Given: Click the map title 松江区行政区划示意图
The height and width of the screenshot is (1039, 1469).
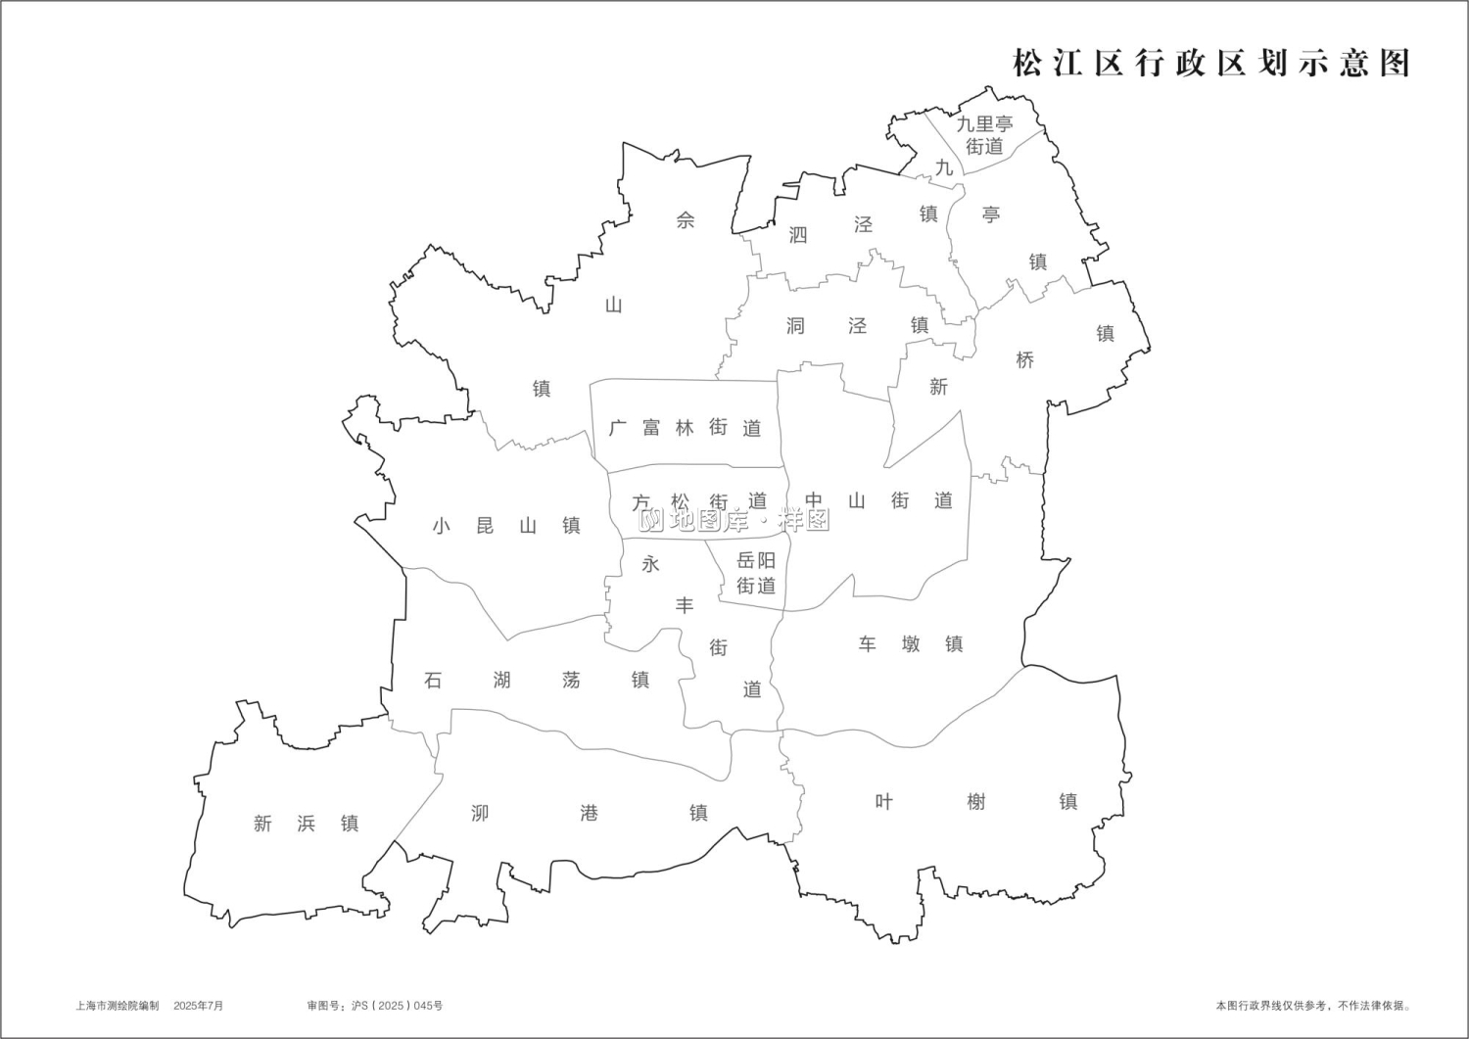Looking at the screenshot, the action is (x=1210, y=63).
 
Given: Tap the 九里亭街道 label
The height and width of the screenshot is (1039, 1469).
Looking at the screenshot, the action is (x=984, y=135).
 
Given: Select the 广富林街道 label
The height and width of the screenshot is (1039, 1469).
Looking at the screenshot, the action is (x=685, y=428).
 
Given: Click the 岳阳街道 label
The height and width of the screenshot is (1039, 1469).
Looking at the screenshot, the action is (x=756, y=573).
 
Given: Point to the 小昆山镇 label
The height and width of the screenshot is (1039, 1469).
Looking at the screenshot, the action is (x=506, y=526).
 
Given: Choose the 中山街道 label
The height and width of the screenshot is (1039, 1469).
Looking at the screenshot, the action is (x=878, y=501).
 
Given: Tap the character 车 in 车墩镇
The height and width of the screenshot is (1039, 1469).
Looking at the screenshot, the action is (x=868, y=644).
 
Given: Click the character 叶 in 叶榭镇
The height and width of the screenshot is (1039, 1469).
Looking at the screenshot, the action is (x=883, y=802).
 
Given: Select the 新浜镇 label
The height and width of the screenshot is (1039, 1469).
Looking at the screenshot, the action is (x=306, y=824).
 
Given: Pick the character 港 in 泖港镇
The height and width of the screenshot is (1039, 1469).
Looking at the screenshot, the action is (x=589, y=813).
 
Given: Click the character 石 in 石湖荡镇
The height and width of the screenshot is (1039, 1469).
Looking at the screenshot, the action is (x=433, y=680).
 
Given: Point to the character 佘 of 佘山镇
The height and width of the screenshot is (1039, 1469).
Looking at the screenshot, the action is (x=686, y=220).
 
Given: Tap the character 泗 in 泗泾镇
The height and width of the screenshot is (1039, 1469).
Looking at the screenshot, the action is (x=798, y=235).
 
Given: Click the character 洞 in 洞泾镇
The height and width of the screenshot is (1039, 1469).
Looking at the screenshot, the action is (x=795, y=326).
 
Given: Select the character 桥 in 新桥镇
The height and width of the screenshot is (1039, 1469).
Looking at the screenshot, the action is (x=1024, y=360).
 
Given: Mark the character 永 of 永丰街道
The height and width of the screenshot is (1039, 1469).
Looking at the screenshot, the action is (x=650, y=564).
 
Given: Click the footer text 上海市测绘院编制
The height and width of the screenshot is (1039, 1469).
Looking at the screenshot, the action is (x=117, y=1006).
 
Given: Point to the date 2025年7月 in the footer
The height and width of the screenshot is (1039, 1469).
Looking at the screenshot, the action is (x=199, y=1006).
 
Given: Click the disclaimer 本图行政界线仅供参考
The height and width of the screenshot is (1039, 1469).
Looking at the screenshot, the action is (x=1273, y=1006).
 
